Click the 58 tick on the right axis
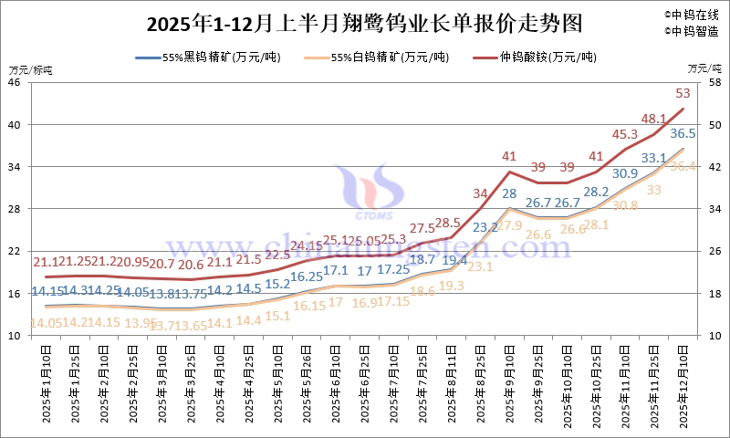click(x=714, y=82)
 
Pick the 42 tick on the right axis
click(x=714, y=167)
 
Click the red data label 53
click(x=683, y=92)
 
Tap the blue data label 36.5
click(x=683, y=133)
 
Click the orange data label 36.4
click(x=683, y=166)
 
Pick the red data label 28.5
click(x=447, y=223)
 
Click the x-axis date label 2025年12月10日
click(x=683, y=383)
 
